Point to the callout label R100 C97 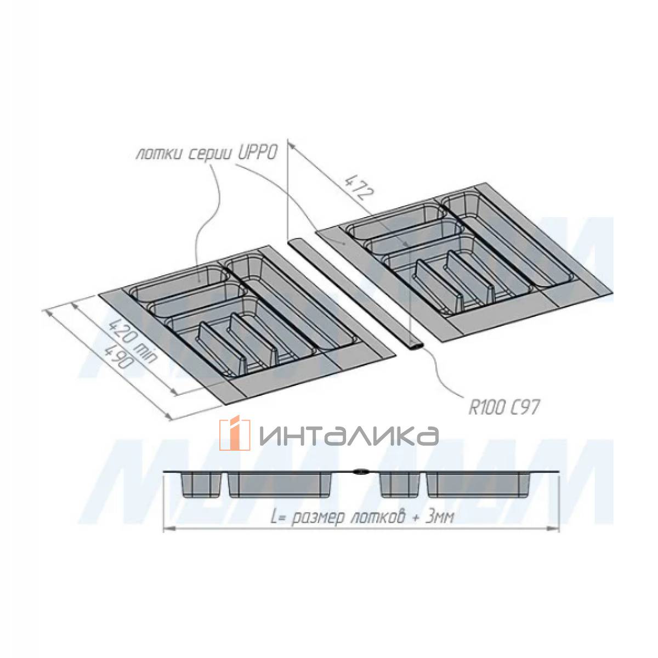coord(504,408)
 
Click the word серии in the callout coord(208,156)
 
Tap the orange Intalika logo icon coord(234,434)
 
